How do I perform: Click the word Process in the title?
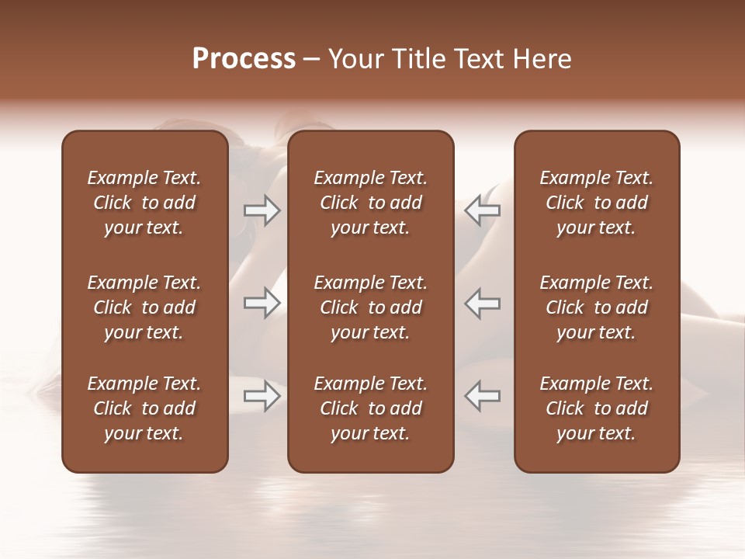coord(244,59)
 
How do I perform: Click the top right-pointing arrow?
coord(262,210)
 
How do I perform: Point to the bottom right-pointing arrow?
coord(262,396)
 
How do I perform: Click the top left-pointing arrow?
coord(483,210)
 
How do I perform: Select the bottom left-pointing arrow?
coord(483,396)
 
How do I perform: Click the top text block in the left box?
coord(144,203)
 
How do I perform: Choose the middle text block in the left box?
coord(144,307)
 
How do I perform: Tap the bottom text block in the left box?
coord(144,408)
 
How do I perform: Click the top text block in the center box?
coord(371,203)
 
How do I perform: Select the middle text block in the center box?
coord(371,307)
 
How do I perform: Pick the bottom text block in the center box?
coord(371,408)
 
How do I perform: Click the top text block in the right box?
coord(597,203)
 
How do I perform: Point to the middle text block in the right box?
coord(597,307)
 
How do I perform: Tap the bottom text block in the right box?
coord(597,408)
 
